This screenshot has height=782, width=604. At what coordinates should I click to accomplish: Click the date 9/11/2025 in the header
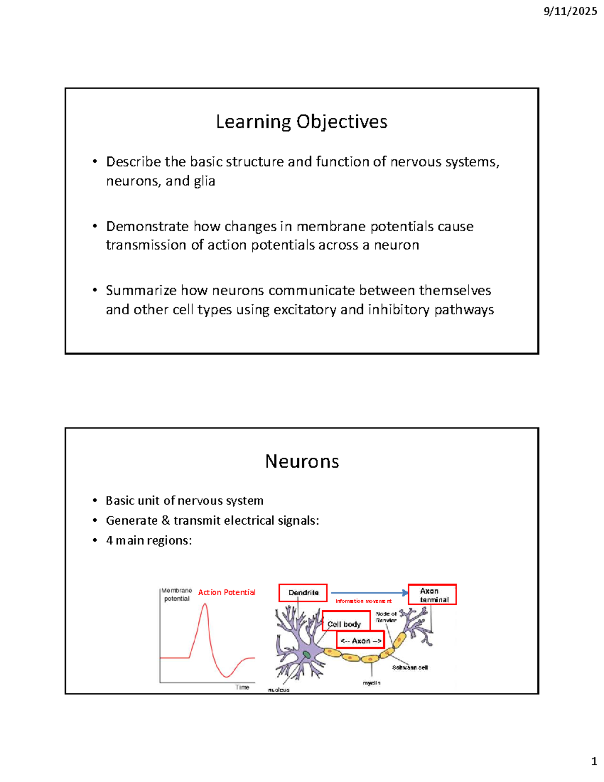[570, 11]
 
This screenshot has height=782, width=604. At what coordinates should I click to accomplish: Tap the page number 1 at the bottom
[594, 761]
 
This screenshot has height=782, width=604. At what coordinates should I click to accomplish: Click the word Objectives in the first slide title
[342, 122]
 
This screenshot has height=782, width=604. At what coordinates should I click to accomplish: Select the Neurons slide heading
[302, 461]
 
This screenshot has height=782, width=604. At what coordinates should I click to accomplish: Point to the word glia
[204, 181]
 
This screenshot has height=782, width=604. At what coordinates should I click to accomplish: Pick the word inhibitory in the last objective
[399, 309]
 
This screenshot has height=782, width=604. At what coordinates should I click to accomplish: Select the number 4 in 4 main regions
[109, 540]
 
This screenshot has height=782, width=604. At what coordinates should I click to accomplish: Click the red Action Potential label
[226, 592]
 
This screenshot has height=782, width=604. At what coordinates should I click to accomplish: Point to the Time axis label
[242, 687]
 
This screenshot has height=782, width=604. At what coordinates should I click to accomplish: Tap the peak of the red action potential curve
[204, 604]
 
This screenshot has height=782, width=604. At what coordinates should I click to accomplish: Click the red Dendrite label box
[303, 593]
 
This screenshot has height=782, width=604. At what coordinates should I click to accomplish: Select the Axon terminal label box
[432, 595]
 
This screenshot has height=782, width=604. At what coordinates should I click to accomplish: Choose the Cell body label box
[345, 624]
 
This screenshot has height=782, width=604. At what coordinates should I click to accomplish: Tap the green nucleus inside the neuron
[307, 655]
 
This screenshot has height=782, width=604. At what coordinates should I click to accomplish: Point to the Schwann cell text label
[410, 668]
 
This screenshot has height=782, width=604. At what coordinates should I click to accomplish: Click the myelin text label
[371, 683]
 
